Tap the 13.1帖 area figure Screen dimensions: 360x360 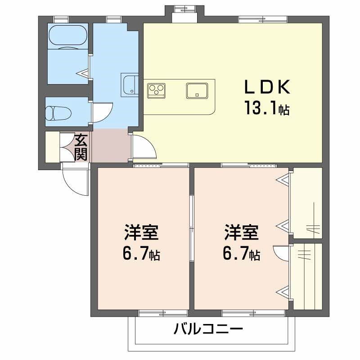[x=266, y=108]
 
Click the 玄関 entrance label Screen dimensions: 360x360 [x=81, y=147]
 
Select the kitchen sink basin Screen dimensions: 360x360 [x=197, y=90]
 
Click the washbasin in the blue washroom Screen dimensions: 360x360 [x=130, y=85]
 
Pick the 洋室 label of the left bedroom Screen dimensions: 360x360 [x=141, y=234]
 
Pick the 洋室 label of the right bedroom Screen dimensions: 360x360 [x=241, y=234]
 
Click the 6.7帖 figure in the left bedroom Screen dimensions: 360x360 [x=142, y=255]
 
